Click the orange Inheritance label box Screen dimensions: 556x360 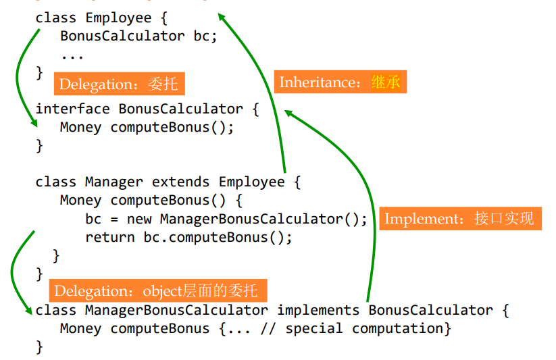[340, 82]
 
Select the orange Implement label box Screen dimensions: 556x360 [460, 219]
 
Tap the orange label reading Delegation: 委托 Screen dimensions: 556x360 [119, 84]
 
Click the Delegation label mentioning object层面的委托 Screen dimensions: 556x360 [157, 291]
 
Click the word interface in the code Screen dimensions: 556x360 [72, 109]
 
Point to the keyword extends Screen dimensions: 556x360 [181, 182]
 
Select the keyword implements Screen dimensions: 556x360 [318, 310]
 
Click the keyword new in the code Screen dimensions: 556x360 [139, 219]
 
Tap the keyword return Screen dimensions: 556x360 [110, 237]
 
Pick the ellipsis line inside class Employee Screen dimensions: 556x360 [72, 55]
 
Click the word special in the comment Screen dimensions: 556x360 [313, 329]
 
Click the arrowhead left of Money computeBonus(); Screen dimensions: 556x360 [32, 124]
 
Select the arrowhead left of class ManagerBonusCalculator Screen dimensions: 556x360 [28, 310]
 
